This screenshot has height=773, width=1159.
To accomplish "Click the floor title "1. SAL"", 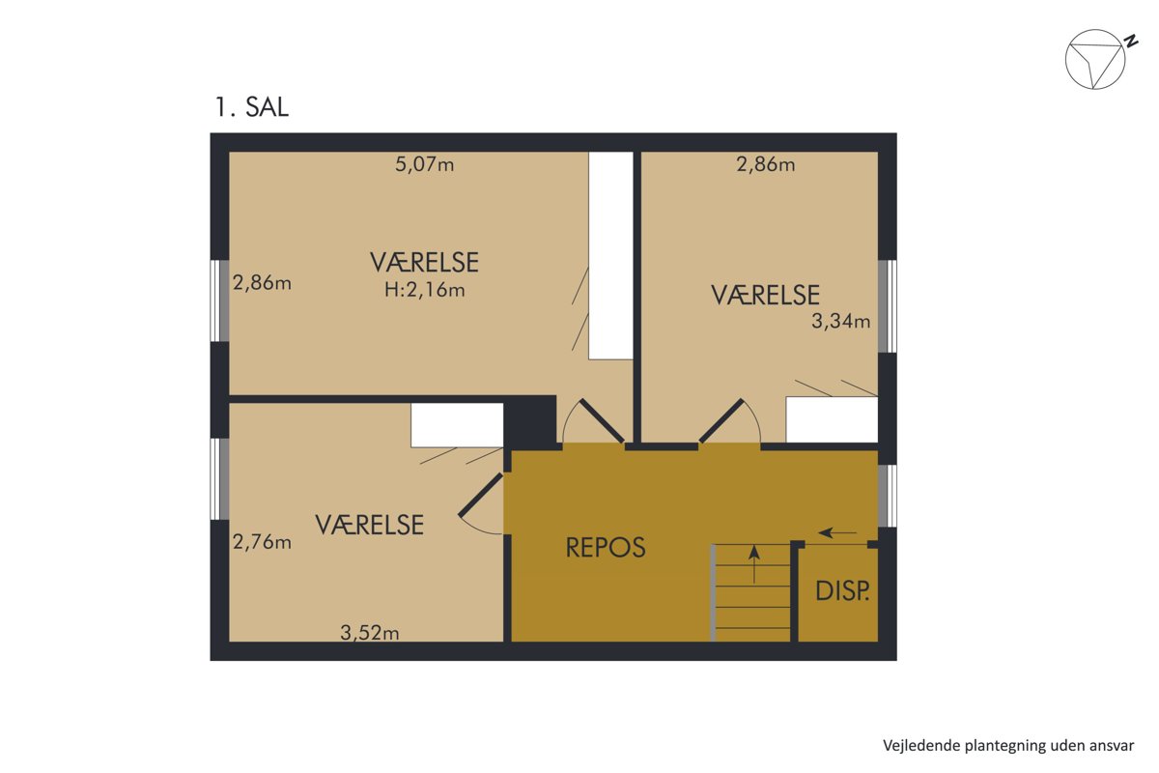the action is (x=251, y=107).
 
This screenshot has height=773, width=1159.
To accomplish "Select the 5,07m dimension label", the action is (x=425, y=164).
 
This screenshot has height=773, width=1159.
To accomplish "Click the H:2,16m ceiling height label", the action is (x=425, y=290).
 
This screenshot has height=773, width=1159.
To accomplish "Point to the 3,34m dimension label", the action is (x=841, y=322).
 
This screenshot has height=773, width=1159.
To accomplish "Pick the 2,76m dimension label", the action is (x=262, y=542).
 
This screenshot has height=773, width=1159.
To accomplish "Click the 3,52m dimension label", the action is (x=369, y=633).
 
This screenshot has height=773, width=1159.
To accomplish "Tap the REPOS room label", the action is (x=606, y=547).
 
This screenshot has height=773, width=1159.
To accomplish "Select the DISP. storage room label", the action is (x=842, y=590).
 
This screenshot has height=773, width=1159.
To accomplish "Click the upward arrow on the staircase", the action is (x=754, y=564).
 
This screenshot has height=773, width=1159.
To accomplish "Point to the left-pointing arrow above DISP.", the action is (x=837, y=532).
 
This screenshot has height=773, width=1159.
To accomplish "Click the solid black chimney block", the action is (x=530, y=420).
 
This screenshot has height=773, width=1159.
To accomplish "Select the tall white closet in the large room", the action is (x=611, y=255).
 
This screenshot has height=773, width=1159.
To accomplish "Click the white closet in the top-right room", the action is (x=832, y=419).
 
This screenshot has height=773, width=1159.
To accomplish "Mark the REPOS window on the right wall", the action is (x=888, y=496).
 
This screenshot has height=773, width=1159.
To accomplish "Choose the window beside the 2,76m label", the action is (x=219, y=479).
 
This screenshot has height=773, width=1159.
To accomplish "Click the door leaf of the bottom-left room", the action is (x=481, y=495).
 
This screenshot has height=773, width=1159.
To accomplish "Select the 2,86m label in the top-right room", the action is (x=766, y=164).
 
